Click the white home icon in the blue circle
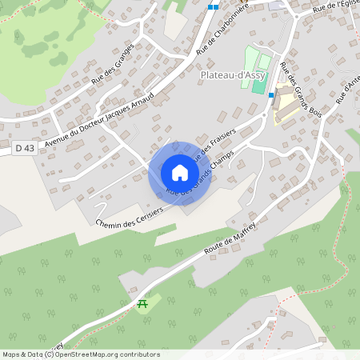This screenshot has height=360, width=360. pos(180,173)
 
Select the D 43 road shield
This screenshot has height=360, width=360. pos(25,147)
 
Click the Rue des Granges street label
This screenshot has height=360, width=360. pos(112,64)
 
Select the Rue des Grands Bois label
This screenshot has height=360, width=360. pos(302,94)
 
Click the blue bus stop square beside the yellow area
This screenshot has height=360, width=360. pos(271,94)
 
